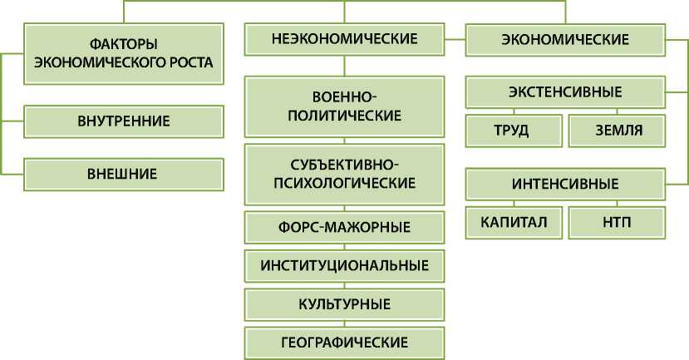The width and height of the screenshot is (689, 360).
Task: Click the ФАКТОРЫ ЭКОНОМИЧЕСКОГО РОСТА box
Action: click(x=124, y=52)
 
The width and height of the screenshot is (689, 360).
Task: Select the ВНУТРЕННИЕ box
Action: click(x=124, y=121)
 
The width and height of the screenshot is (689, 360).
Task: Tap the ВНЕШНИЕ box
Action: click(x=124, y=175)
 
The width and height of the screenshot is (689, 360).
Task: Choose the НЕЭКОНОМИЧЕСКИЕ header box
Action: click(x=343, y=38)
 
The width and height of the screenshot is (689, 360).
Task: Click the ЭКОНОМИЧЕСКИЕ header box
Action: click(x=564, y=38)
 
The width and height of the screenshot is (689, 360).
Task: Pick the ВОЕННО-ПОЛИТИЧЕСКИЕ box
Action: click(x=343, y=106)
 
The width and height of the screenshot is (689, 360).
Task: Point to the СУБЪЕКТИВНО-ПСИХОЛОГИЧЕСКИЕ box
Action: click(x=343, y=173)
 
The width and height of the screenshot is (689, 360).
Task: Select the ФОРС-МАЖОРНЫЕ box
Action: click(x=343, y=226)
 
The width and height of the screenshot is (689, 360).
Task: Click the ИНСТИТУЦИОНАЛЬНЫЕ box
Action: click(x=343, y=265)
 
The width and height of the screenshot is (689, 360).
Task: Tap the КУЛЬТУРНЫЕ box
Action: click(x=343, y=303)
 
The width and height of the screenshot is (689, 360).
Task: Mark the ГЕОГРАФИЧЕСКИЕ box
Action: click(x=343, y=341)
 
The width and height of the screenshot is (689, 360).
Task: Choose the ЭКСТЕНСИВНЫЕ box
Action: click(x=564, y=91)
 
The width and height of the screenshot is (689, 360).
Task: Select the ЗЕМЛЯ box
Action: click(x=618, y=130)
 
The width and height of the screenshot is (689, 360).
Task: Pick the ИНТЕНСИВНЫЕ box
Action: click(x=564, y=183)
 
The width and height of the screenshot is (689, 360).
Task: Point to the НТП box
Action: click(x=618, y=222)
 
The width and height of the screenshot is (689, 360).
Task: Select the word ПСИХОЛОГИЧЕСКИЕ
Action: click(x=343, y=182)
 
